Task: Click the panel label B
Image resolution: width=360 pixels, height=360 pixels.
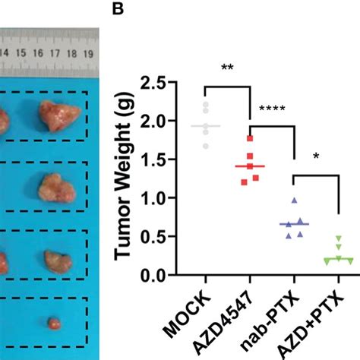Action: coord(118,10)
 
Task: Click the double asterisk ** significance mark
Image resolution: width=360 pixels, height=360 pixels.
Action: coord(227,68)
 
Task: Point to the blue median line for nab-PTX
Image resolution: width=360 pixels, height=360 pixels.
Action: coord(294,224)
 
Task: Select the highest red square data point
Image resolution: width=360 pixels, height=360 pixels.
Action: coord(249,138)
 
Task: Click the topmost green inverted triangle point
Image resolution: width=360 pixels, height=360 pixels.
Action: coord(339,239)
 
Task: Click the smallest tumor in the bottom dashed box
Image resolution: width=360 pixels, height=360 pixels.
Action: coord(53,323)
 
